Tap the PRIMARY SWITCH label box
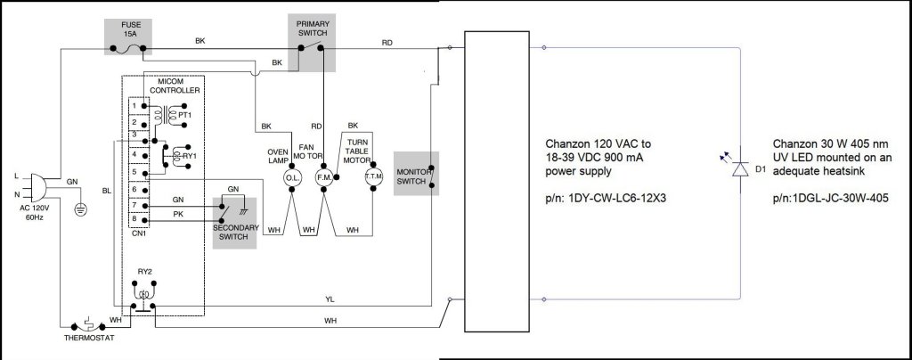pyautogui.click(x=313, y=29)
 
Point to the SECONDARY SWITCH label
pyautogui.click(x=235, y=233)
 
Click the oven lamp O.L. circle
pyautogui.click(x=292, y=178)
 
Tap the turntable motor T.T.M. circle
pyautogui.click(x=373, y=178)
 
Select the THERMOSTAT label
pyautogui.click(x=89, y=338)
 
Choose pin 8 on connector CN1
pyautogui.click(x=134, y=218)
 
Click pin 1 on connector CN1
pyautogui.click(x=134, y=105)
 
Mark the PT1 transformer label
pyautogui.click(x=184, y=116)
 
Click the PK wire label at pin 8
pyautogui.click(x=178, y=215)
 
